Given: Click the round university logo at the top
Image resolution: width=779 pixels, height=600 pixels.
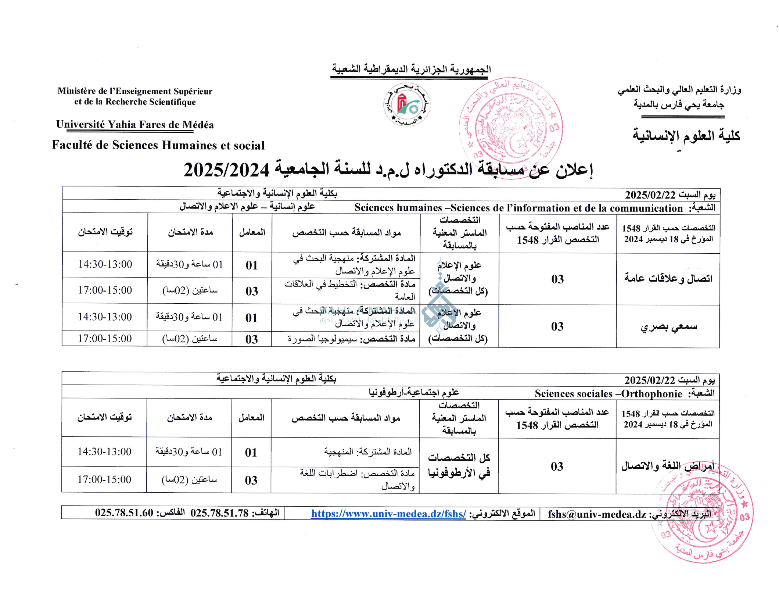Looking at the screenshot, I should [x=406, y=105].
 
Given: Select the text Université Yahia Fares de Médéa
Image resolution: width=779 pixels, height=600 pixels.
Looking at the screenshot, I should [x=135, y=125].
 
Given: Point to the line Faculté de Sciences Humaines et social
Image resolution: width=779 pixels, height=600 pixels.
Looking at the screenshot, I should [x=158, y=145].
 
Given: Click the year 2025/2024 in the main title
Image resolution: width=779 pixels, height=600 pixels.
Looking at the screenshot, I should [x=227, y=170].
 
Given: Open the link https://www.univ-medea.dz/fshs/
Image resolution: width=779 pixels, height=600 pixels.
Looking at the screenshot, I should [x=388, y=514].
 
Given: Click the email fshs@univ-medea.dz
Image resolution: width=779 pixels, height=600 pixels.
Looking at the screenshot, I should [x=597, y=514].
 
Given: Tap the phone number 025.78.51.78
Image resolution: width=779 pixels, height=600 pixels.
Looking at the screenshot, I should [x=219, y=513].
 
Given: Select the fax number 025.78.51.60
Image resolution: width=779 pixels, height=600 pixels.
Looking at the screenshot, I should [x=124, y=512].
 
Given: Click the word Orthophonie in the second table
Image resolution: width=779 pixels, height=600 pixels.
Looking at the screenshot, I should [x=651, y=394].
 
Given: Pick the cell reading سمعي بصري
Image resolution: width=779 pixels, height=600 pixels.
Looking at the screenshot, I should [x=668, y=326].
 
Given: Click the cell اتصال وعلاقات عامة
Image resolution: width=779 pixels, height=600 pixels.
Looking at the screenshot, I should [x=668, y=278].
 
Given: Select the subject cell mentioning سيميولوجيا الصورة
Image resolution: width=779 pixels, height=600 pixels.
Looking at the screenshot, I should [x=351, y=339].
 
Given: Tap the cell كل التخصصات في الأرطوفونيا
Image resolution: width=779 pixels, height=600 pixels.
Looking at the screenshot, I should [x=459, y=465].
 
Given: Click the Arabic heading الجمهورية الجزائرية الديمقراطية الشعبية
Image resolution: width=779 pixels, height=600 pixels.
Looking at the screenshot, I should [x=411, y=69].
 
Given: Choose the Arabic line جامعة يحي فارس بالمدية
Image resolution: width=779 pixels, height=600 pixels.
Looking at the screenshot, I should [x=678, y=105].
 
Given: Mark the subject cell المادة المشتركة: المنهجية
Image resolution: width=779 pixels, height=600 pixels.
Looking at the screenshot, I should [x=368, y=452].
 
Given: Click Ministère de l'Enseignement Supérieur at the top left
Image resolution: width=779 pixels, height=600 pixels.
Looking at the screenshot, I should [x=135, y=91].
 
